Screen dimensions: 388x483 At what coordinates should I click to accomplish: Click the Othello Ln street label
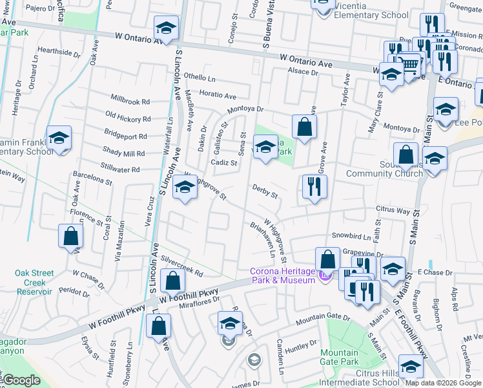coord(198,77)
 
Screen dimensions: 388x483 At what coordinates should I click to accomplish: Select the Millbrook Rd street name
coord(130,102)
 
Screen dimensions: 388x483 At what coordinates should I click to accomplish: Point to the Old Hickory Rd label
coord(127,119)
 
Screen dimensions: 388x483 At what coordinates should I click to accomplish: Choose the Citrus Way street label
coord(393,210)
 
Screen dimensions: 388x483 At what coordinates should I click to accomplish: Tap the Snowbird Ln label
coord(352,237)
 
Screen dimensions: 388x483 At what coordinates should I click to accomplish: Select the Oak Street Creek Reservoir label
coord(30,283)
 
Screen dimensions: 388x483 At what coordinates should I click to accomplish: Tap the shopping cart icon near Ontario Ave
coord(407,65)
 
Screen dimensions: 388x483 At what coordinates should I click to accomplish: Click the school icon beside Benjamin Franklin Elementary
coord(59,138)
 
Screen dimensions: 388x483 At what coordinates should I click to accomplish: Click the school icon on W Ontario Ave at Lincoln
coord(166,28)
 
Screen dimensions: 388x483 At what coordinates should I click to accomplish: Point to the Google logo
coord(22,380)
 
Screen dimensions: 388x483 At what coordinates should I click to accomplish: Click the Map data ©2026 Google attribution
coord(443,383)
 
